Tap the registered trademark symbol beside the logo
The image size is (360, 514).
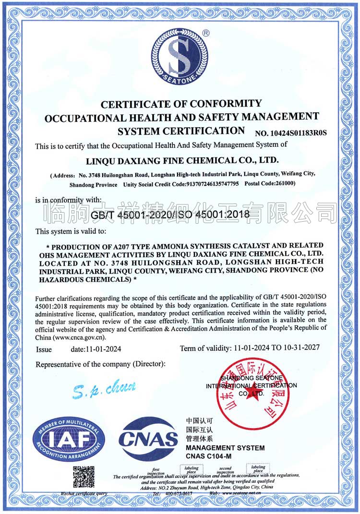(x=205, y=33)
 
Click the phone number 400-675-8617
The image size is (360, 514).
(x=179, y=493)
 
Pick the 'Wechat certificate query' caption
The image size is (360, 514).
(x=84, y=493)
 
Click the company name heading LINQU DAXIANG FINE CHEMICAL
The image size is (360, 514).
(x=182, y=160)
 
